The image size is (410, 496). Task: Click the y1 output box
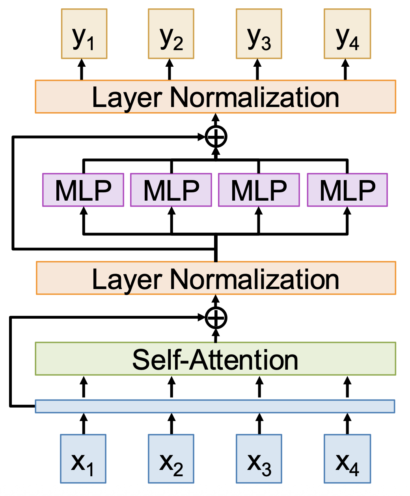(84, 34)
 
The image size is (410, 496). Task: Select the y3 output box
(259, 34)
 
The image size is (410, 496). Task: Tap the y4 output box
(347, 34)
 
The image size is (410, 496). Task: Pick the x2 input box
(171, 458)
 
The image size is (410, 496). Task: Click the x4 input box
(347, 458)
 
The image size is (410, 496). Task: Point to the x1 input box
(83, 458)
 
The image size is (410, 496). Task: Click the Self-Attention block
(215, 359)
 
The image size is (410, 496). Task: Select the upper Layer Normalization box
(215, 97)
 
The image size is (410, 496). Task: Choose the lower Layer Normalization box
(215, 278)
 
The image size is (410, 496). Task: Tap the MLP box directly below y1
(83, 190)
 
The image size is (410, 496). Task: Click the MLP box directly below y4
(347, 190)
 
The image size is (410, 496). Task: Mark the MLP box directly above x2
(171, 190)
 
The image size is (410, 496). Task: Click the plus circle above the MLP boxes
(216, 137)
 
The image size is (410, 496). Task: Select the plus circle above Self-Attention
(216, 318)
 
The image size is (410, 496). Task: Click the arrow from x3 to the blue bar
(259, 424)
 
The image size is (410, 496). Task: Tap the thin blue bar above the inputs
(215, 406)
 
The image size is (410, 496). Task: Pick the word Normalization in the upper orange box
(254, 97)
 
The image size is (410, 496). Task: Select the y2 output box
(171, 34)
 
